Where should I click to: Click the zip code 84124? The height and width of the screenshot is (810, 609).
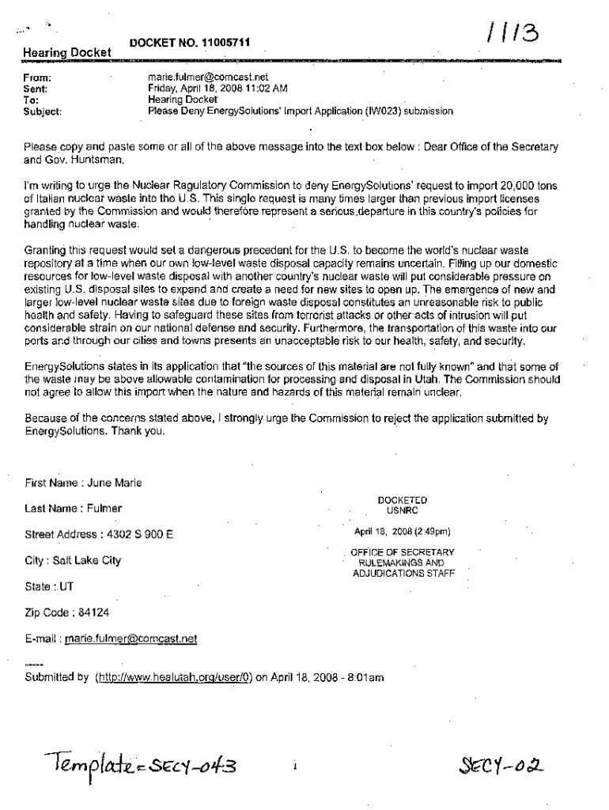coord(89,613)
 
